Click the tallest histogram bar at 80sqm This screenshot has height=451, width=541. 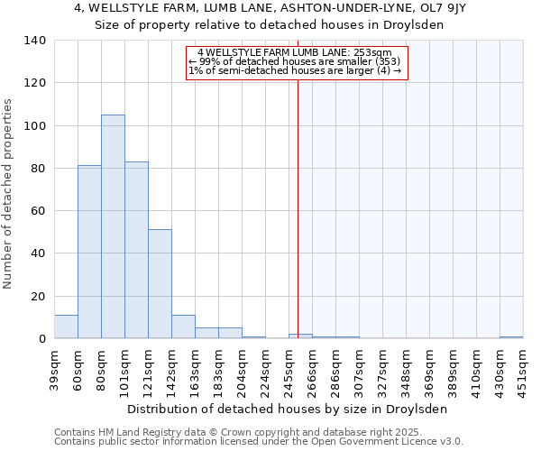(113, 226)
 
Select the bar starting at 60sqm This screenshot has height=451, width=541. (89, 252)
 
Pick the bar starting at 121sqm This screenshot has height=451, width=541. (160, 284)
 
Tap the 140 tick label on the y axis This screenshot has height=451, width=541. (34, 41)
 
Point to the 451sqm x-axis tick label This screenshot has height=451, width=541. (524, 370)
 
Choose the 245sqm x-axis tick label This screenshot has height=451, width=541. (289, 370)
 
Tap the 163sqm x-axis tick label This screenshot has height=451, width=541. (196, 370)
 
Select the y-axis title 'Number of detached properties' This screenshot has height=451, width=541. (9, 194)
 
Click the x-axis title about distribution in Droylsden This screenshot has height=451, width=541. (287, 409)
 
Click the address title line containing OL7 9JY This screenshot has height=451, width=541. (270, 8)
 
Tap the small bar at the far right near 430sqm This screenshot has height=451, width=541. (511, 336)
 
